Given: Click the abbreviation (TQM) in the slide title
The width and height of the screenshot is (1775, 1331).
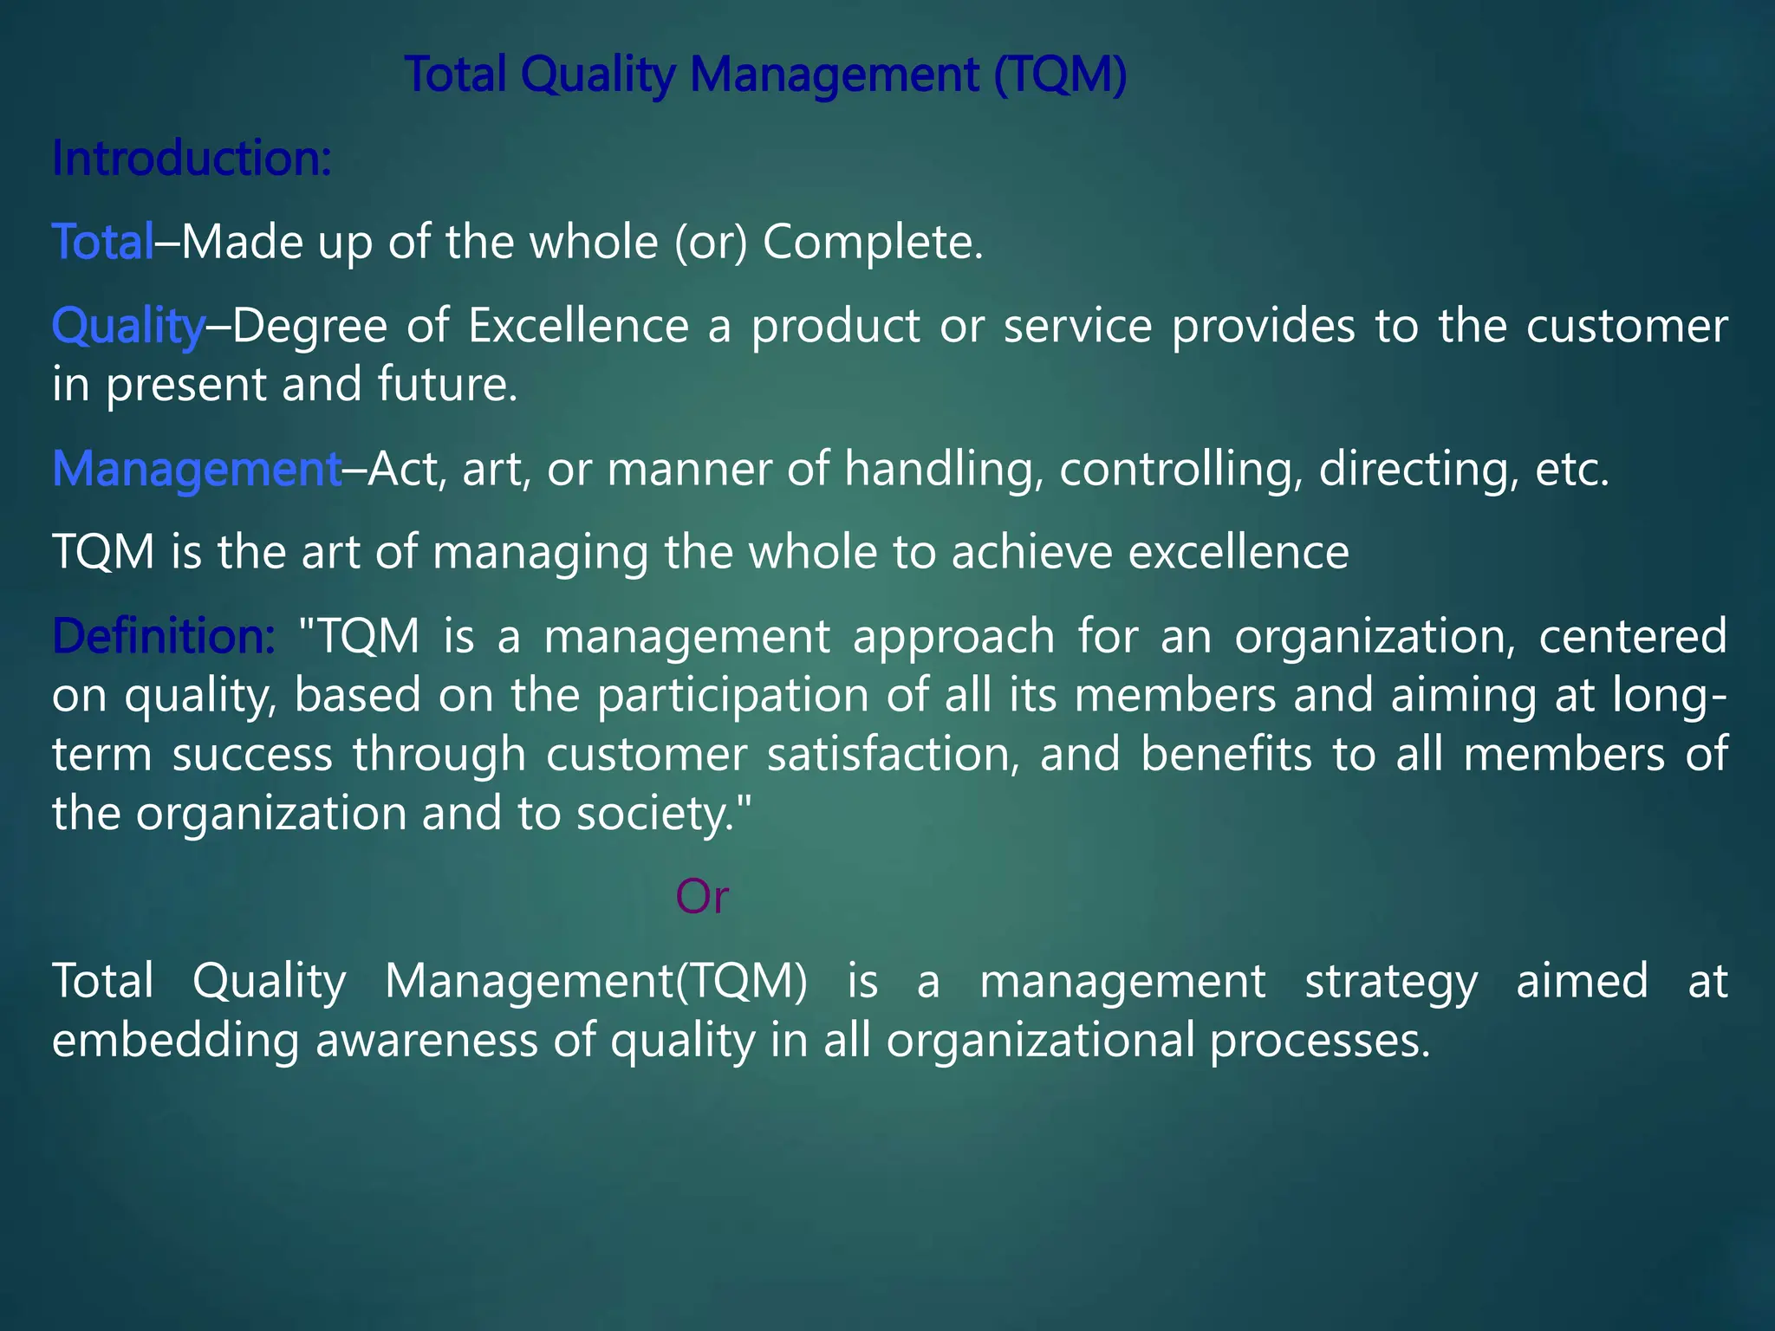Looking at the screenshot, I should [1060, 75].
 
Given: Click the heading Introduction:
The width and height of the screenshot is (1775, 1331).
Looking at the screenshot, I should [192, 159].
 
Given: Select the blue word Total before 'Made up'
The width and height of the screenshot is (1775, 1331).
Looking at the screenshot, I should [102, 242].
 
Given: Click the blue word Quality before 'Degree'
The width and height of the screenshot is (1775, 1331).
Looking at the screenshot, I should [127, 327].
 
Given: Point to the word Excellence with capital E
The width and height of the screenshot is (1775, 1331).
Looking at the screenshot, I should [578, 327].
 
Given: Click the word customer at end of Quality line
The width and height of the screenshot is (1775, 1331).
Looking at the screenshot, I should [1626, 327].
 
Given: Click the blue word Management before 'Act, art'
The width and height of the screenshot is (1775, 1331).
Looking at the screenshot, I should [197, 469].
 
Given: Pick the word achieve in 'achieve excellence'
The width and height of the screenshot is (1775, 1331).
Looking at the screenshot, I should [1031, 552].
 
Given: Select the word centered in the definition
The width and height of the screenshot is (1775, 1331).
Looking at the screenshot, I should [1632, 636].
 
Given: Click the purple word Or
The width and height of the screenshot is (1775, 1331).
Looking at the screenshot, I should [702, 897].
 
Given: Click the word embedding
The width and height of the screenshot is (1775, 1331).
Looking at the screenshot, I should [174, 1040].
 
